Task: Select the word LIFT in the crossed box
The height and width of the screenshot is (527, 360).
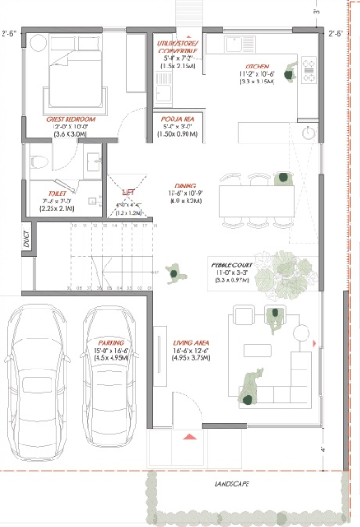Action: coord(129,190)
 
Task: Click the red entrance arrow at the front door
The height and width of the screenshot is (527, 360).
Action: coord(190,436)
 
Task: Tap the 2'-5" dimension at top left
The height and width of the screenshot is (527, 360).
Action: coord(10,34)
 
